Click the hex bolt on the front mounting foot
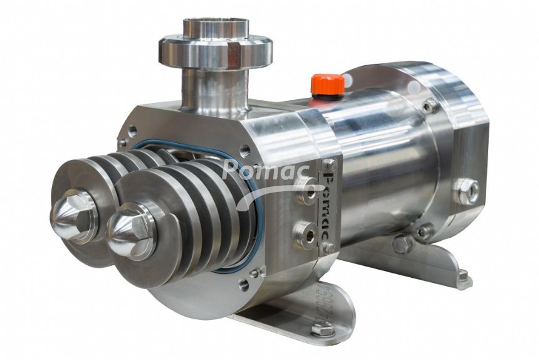(x=322, y=328)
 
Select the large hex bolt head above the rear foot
(x=402, y=243)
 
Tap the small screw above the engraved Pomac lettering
(x=330, y=164)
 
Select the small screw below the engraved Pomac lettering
(x=327, y=248)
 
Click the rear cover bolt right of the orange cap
(x=430, y=106)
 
